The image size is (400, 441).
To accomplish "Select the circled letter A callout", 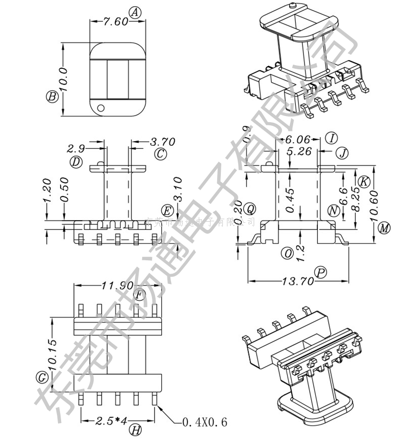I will coord(135,13).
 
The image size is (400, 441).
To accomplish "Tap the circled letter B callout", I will coord(52,96).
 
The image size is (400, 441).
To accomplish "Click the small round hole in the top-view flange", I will coord(101,108).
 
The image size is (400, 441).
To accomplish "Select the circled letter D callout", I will coord(77,162).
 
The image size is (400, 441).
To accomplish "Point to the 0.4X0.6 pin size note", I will coord(204,423).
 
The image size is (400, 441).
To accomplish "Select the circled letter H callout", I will coord(135,430).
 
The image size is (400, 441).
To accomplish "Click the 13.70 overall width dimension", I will coord(297,281).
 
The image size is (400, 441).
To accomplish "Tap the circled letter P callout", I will coord(321,273).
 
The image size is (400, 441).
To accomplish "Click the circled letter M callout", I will coord(384,228).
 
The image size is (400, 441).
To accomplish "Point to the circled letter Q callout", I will coord(250,208).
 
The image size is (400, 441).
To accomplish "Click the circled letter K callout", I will coord(364,181).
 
